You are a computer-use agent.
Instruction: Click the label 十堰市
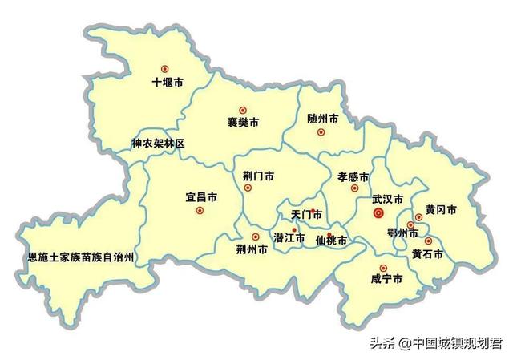pyautogui.click(x=168, y=83)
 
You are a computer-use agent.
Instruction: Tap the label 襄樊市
pyautogui.click(x=243, y=123)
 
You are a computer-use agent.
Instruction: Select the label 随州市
pyautogui.click(x=322, y=119)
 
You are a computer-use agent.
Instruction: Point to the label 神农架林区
pyautogui.click(x=158, y=144)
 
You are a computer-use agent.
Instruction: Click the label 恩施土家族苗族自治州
pyautogui.click(x=80, y=257)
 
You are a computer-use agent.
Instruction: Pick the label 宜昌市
pyautogui.click(x=201, y=196)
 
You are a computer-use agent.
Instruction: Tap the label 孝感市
pyautogui.click(x=353, y=176)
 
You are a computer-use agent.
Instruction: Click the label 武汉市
pyautogui.click(x=387, y=198)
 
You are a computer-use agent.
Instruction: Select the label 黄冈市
pyautogui.click(x=440, y=209)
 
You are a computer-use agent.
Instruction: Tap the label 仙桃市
pyautogui.click(x=331, y=241)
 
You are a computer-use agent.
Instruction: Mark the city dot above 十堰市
pyautogui.click(x=166, y=69)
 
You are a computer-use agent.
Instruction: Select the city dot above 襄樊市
pyautogui.click(x=242, y=111)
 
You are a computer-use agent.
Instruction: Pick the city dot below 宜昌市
pyautogui.click(x=200, y=211)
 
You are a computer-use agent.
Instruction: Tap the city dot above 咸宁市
pyautogui.click(x=383, y=268)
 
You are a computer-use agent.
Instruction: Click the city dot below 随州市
pyautogui.click(x=321, y=131)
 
